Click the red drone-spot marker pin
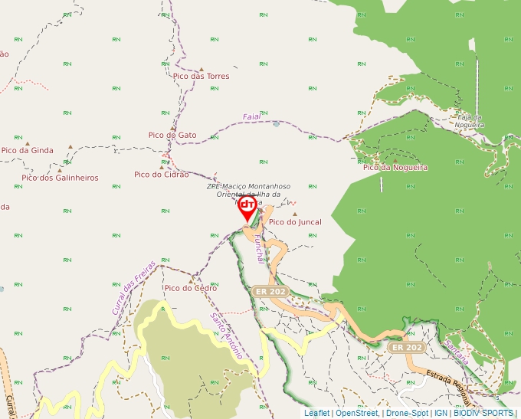247,208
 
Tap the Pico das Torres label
201,76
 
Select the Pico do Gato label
172,135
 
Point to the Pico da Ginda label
28,150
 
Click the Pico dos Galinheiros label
60,178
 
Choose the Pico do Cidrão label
161,174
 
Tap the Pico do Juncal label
295,222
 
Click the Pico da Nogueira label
395,167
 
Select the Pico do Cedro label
190,288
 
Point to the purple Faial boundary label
251,116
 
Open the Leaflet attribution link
316,413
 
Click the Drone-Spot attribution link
407,413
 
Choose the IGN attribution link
441,413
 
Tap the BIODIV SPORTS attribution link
483,413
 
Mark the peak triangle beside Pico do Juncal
294,214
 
